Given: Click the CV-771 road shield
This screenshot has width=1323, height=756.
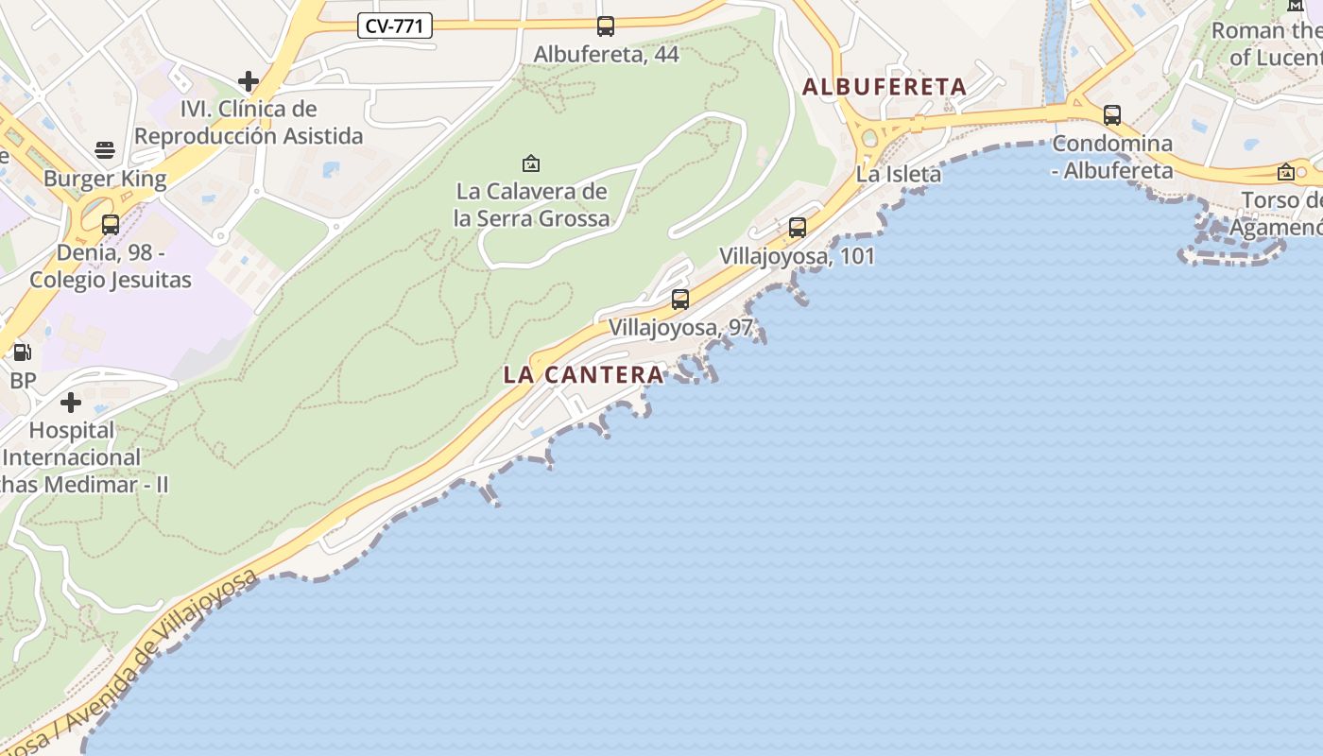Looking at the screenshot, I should (395, 26).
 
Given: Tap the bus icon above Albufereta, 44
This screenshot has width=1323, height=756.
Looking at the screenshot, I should (606, 26).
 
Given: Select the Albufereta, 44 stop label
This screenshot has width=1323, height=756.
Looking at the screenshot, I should (606, 54).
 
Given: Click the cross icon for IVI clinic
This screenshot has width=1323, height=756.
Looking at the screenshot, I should (249, 81).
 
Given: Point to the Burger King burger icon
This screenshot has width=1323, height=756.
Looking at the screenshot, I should (105, 150).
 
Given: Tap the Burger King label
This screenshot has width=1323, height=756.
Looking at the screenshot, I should (105, 179).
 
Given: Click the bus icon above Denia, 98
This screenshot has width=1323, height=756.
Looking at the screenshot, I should (111, 224).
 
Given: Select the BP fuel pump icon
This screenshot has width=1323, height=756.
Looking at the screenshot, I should (22, 352).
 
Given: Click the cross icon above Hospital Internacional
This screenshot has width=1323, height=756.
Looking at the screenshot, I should (71, 403).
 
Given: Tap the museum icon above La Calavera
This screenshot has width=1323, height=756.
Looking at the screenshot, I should (531, 163).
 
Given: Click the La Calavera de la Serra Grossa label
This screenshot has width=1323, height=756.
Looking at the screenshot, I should (531, 205).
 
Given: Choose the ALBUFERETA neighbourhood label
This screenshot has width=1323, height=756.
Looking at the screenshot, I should (884, 87).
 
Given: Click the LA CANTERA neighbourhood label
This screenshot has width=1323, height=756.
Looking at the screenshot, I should (583, 374).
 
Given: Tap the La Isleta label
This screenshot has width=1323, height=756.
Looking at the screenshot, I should (899, 174).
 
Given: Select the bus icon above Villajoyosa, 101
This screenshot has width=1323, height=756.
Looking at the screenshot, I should (798, 227).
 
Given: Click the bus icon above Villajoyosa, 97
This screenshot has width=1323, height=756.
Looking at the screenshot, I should (680, 300).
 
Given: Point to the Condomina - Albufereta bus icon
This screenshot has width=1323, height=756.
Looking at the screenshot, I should (1112, 115).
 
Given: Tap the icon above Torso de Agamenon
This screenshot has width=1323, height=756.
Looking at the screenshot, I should (1285, 172).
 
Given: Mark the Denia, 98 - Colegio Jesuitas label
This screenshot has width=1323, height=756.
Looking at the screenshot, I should (111, 266).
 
